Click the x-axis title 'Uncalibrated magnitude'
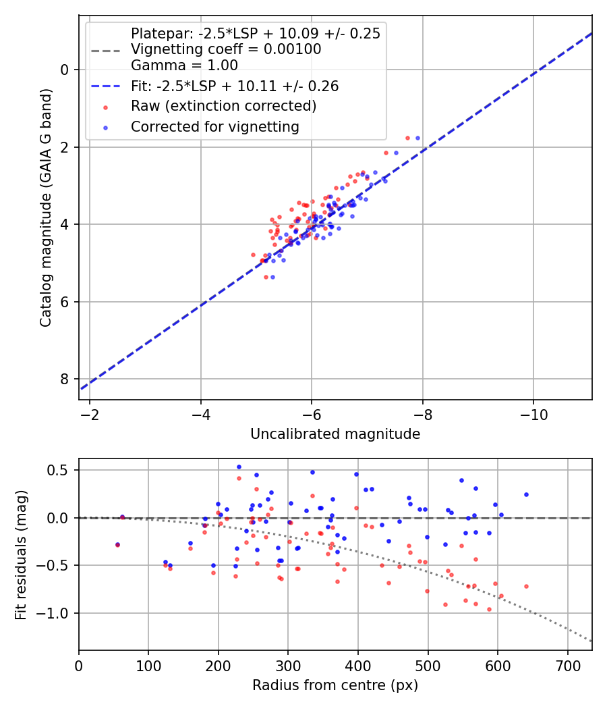(335, 434)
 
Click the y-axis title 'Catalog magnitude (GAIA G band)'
(45, 207)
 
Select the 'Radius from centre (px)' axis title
(335, 685)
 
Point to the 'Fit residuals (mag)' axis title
(21, 554)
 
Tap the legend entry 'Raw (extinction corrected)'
(223, 106)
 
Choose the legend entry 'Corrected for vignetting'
(214, 126)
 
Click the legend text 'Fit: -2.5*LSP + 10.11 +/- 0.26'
(235, 86)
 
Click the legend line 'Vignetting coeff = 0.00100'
(226, 49)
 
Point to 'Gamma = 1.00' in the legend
(184, 65)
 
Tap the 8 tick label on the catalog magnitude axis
(65, 379)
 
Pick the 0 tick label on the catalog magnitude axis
(65, 70)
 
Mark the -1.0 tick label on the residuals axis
(58, 613)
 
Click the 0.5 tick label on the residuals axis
(62, 470)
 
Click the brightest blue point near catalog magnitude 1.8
(417, 138)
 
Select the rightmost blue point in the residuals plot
(526, 494)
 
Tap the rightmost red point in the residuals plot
(526, 586)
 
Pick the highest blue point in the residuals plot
(239, 467)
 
